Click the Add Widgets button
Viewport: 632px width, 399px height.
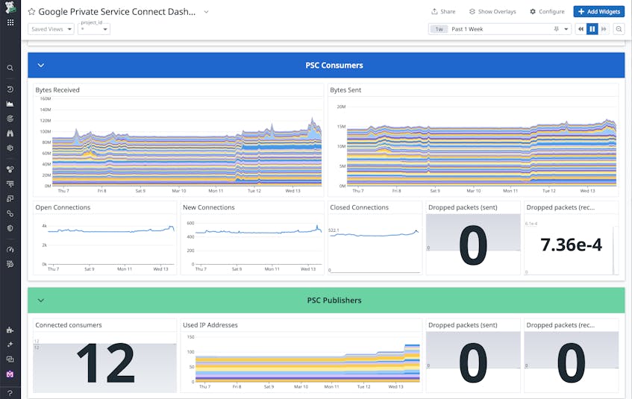click(x=599, y=12)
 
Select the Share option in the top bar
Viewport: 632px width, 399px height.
click(x=443, y=12)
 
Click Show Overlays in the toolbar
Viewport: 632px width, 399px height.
click(x=492, y=12)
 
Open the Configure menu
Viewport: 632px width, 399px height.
click(x=547, y=12)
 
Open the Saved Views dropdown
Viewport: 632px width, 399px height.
click(x=51, y=29)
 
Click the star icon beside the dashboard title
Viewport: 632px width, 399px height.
click(x=32, y=12)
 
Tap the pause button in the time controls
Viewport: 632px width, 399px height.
click(x=592, y=29)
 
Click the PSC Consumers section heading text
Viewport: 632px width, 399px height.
click(x=334, y=66)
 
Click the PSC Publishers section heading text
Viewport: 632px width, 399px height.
click(x=334, y=301)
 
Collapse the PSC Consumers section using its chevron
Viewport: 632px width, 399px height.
click(x=41, y=66)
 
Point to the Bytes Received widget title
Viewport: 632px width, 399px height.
click(x=57, y=90)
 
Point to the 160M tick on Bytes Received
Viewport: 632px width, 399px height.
click(x=44, y=98)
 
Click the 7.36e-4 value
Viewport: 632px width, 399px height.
click(x=571, y=245)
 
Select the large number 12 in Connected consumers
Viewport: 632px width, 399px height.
click(x=105, y=363)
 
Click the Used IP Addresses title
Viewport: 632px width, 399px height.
click(x=211, y=325)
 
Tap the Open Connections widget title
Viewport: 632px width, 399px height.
click(x=63, y=207)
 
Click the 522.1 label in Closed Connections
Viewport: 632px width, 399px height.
click(x=334, y=230)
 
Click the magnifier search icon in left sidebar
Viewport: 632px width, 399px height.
click(x=10, y=68)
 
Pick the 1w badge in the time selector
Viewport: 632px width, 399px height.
click(x=439, y=29)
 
